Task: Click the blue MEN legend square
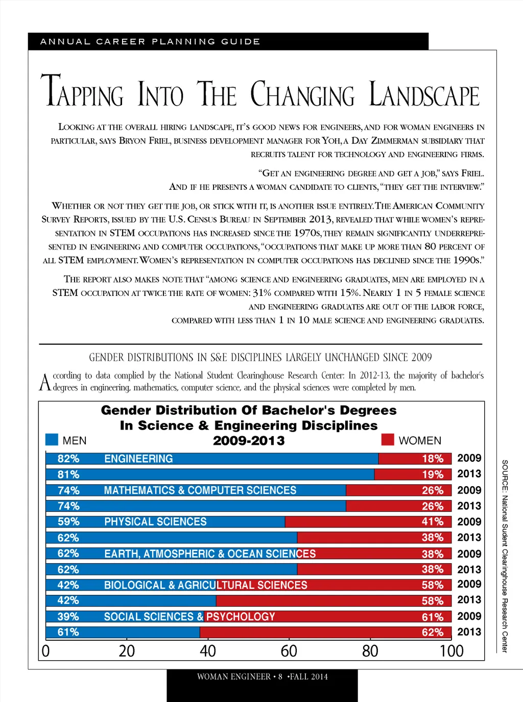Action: click(x=52, y=439)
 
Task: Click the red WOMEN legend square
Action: click(x=388, y=439)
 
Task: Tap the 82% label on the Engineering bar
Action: click(x=68, y=459)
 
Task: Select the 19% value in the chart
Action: click(x=433, y=474)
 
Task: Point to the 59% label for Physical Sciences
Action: click(x=68, y=522)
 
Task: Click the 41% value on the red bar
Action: click(x=433, y=522)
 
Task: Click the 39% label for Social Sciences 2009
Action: click(x=68, y=617)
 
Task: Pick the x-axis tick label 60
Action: click(x=289, y=651)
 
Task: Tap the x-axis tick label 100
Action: click(x=451, y=651)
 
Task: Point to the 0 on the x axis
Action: click(x=45, y=651)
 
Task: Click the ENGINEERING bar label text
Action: click(x=138, y=459)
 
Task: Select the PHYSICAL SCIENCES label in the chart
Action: click(x=155, y=522)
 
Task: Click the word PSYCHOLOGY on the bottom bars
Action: click(x=241, y=617)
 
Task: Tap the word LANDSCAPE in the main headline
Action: click(x=424, y=95)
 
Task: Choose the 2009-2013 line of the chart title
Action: click(x=249, y=441)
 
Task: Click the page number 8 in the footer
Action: click(x=280, y=677)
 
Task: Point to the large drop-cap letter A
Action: click(x=45, y=382)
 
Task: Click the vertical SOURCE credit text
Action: click(x=505, y=556)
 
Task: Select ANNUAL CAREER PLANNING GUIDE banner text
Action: click(x=150, y=41)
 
